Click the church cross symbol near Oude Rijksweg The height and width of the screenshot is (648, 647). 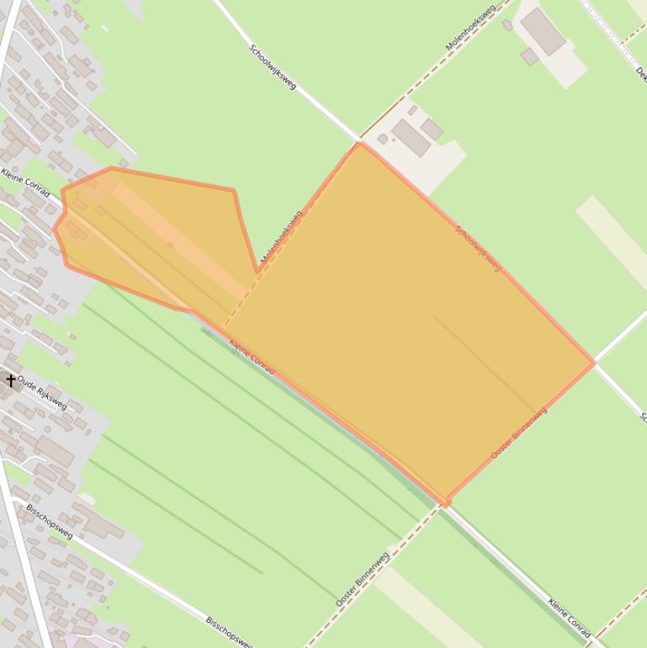(11, 380)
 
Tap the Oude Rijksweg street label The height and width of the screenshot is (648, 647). (41, 392)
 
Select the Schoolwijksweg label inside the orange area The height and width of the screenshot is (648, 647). (477, 248)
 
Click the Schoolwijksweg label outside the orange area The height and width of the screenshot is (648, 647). (273, 67)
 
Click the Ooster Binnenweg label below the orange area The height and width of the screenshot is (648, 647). (362, 580)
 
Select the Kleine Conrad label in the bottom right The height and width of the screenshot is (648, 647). (569, 618)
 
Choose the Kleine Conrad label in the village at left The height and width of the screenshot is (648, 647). (25, 185)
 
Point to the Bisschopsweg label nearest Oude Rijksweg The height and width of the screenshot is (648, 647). (49, 522)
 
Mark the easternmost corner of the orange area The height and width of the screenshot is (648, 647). (594, 363)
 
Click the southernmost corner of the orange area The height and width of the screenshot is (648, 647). (445, 504)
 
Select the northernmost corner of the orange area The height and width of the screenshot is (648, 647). (359, 143)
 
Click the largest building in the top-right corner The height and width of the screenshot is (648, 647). (542, 31)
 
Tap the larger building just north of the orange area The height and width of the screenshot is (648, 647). (411, 138)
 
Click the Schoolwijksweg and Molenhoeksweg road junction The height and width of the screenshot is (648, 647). (360, 139)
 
